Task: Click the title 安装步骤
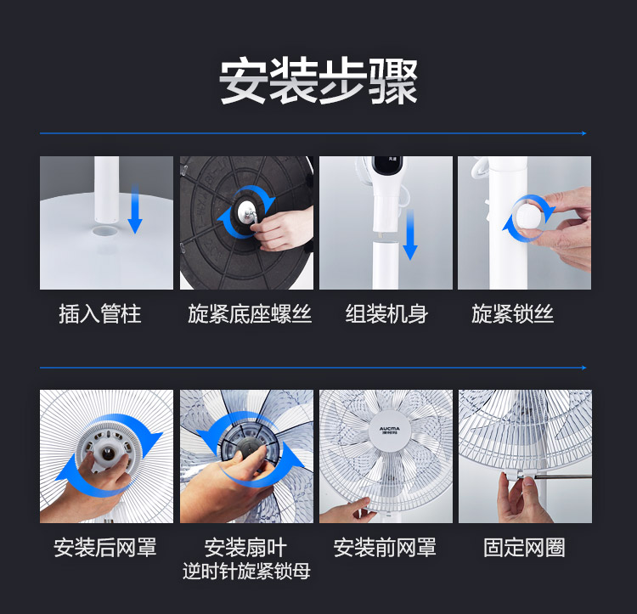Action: (318, 81)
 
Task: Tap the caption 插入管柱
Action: (100, 314)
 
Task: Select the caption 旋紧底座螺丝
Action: (250, 314)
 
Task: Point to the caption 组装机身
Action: (386, 314)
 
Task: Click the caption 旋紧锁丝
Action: (512, 314)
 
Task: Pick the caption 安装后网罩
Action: (105, 548)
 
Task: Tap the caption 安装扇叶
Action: (245, 548)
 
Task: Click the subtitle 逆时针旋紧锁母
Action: (246, 571)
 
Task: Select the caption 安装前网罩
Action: (385, 548)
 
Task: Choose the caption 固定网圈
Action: (524, 548)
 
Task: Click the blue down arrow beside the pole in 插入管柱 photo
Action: (135, 209)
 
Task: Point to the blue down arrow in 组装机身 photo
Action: (410, 234)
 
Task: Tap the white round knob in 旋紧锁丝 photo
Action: (527, 218)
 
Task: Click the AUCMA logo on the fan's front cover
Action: (389, 430)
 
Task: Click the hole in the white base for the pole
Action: (105, 232)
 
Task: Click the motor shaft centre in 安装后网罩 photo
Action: (108, 453)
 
